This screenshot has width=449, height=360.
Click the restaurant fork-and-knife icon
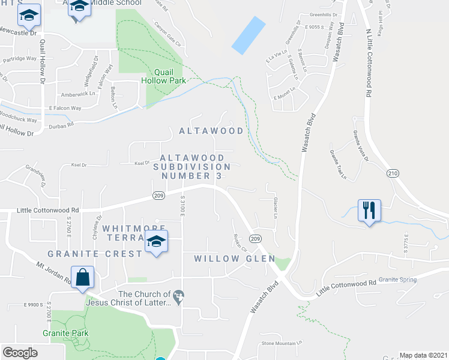pos(369,211)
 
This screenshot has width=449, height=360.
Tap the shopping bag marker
pos(83,278)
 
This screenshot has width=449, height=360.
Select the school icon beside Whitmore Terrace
pos(156,242)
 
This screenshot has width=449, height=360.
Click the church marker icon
pos(178,295)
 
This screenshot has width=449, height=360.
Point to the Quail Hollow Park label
pos(163,75)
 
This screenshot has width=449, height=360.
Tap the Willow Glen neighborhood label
pos(234,259)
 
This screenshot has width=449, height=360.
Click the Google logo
pos(20,353)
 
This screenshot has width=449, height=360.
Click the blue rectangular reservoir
pos(249,35)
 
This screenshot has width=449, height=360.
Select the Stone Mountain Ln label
pos(282,343)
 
